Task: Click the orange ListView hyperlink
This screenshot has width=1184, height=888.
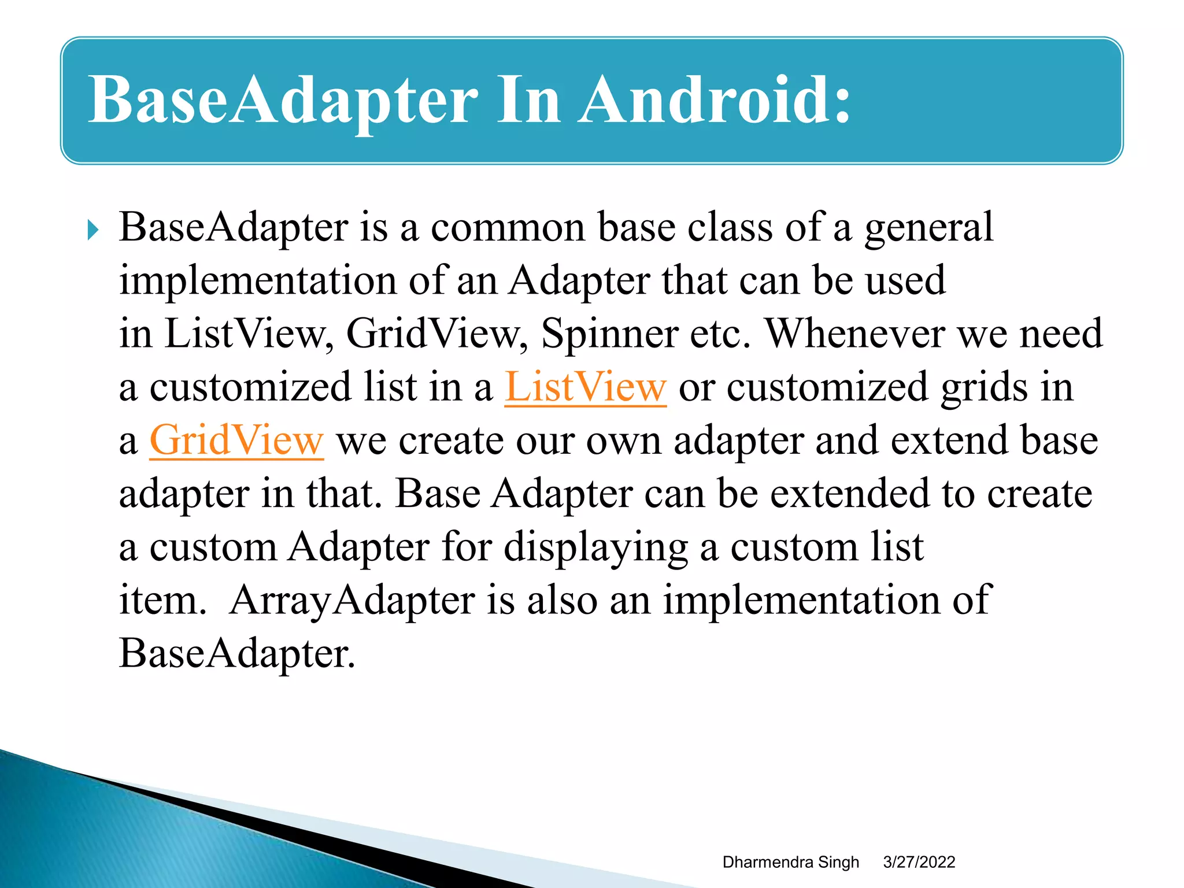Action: pyautogui.click(x=585, y=387)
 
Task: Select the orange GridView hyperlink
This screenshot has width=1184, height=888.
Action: pyautogui.click(x=236, y=441)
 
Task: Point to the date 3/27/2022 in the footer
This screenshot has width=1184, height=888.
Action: pyautogui.click(x=919, y=862)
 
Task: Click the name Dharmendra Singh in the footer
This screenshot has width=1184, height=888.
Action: pyautogui.click(x=790, y=862)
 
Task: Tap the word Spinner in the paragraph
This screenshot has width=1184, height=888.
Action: pyautogui.click(x=609, y=334)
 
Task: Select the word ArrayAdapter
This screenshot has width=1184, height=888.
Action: pyautogui.click(x=351, y=600)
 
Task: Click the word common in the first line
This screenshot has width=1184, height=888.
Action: pyautogui.click(x=508, y=227)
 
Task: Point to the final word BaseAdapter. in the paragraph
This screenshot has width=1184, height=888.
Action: pyautogui.click(x=236, y=654)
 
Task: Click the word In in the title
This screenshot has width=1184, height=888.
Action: pyautogui.click(x=528, y=100)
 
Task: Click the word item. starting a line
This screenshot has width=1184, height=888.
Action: pyautogui.click(x=162, y=600)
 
